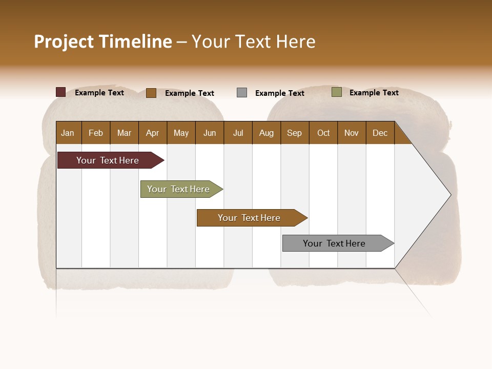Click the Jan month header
pos(68,133)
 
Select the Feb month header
pos(96,133)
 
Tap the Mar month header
pos(124,133)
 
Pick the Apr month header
pos(152,133)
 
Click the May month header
pos(181,133)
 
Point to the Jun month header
pos(210,133)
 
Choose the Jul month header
pos(238,133)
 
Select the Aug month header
pos(266,133)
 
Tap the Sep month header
pos(294,133)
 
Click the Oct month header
pos(323,133)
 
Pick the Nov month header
pos(352,133)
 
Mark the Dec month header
pos(380,133)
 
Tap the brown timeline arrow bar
pos(250,218)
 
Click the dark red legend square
pos(61,92)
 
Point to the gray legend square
pos(242,93)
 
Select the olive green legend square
pos(337,92)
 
